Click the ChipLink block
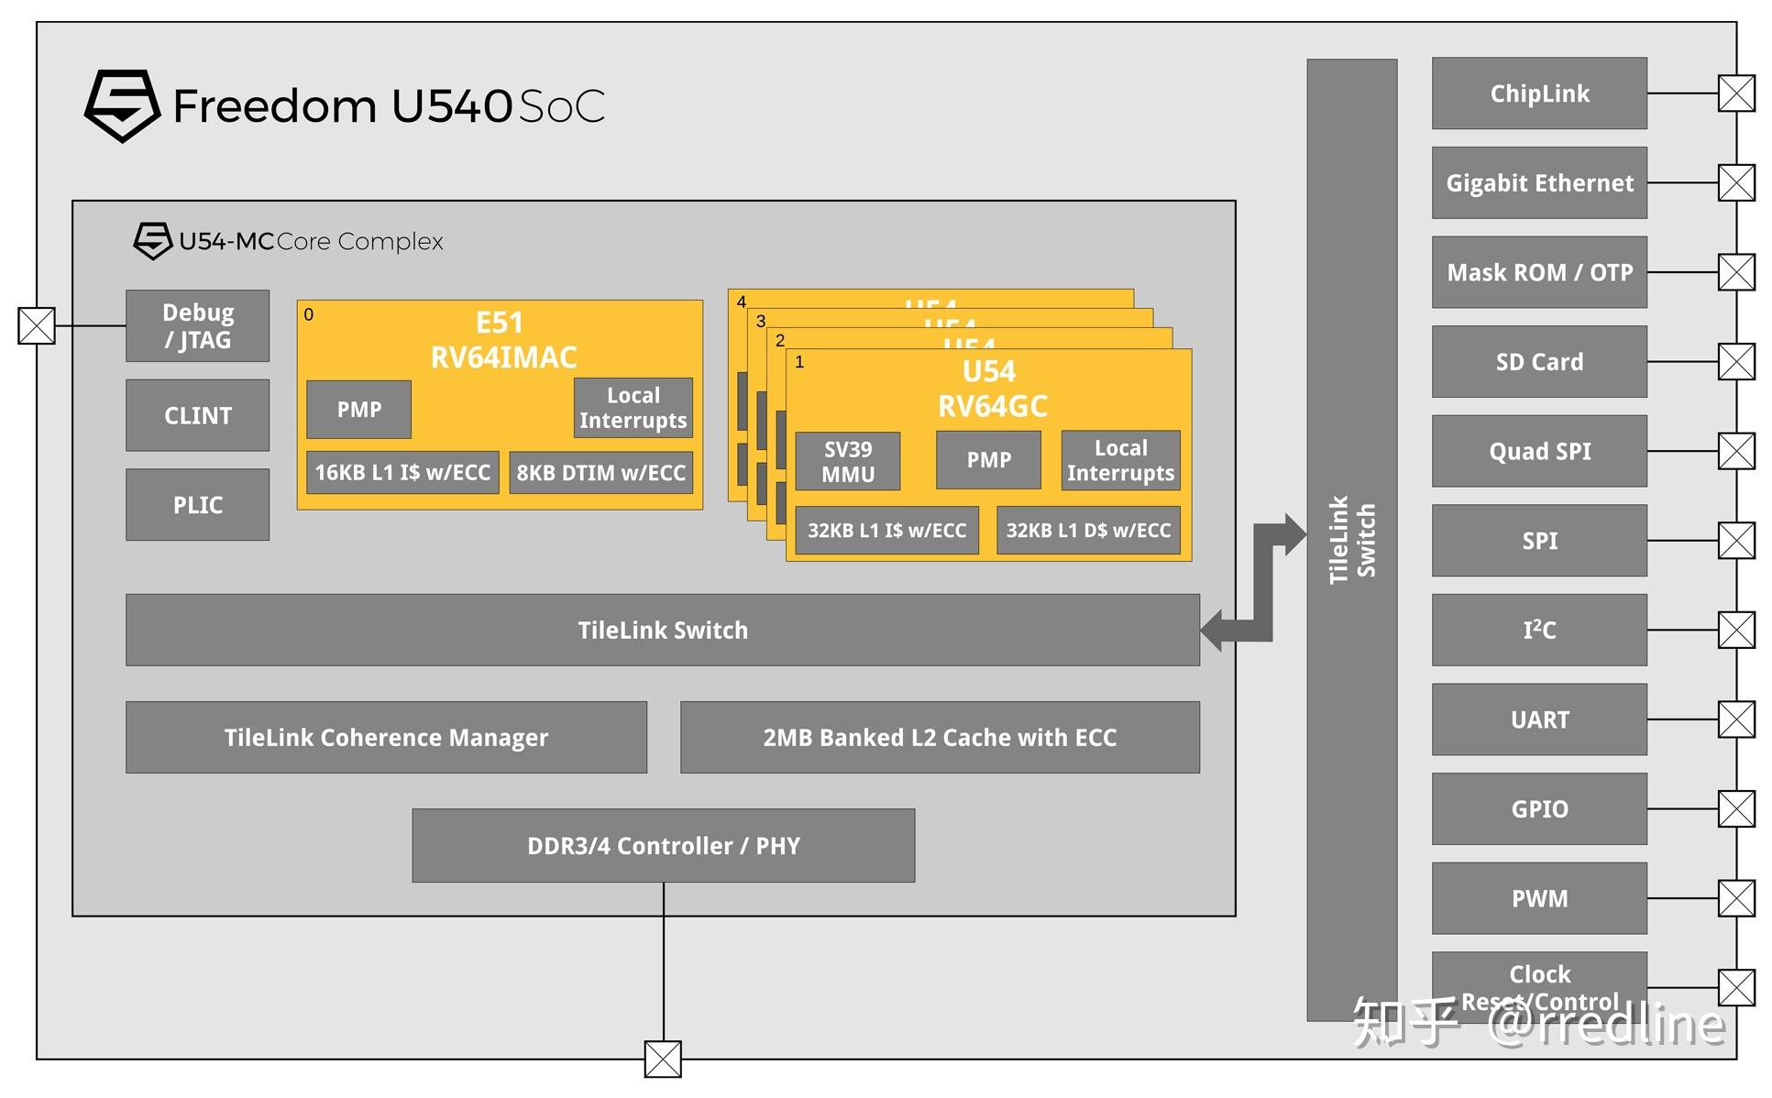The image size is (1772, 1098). click(x=1538, y=93)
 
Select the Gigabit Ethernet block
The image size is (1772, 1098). click(x=1538, y=182)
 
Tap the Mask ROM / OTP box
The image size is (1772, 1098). click(x=1538, y=272)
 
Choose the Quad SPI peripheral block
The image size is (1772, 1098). click(x=1538, y=451)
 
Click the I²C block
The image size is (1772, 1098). click(x=1538, y=630)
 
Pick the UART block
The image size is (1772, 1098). click(x=1538, y=719)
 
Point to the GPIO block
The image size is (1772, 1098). click(x=1538, y=808)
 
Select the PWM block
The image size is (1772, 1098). click(x=1538, y=898)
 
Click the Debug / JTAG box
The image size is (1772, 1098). click(x=197, y=326)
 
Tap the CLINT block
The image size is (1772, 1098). click(x=197, y=415)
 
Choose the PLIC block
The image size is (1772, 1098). click(x=197, y=504)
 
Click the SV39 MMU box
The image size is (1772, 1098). click(x=847, y=461)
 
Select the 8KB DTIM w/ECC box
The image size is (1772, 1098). click(x=600, y=473)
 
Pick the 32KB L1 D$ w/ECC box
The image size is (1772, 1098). click(x=1088, y=531)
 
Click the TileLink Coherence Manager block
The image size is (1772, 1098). click(x=386, y=737)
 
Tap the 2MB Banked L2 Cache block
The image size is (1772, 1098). click(x=940, y=737)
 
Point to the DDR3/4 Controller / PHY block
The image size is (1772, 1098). click(x=663, y=845)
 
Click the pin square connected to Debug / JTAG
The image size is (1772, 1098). click(x=37, y=325)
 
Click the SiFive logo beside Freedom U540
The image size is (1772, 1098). click(x=122, y=105)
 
